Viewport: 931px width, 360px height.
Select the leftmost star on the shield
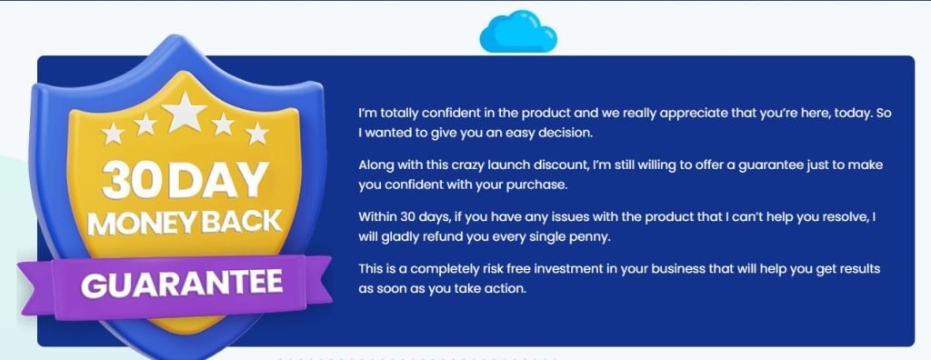(x=113, y=134)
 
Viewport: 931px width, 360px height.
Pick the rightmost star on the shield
(x=257, y=134)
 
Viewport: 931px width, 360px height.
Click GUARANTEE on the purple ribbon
(x=181, y=283)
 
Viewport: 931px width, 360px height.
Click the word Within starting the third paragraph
(x=380, y=218)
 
